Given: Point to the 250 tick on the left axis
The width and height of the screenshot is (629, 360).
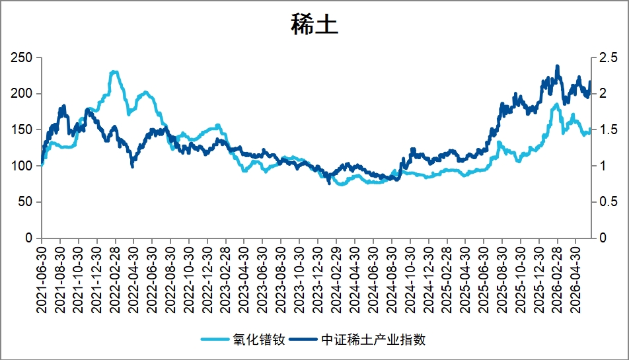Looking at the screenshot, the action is click(21, 57).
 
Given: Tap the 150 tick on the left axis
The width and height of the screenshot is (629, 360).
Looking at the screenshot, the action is click(21, 129).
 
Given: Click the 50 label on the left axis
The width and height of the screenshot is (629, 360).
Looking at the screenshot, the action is click(25, 201).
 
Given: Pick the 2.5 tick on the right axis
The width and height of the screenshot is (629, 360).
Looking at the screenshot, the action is click(608, 57).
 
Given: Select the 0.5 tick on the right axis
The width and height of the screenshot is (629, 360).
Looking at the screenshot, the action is click(608, 201).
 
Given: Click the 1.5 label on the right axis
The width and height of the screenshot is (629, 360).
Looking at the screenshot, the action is click(608, 129).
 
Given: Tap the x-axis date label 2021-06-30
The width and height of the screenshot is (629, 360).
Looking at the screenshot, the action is click(42, 280).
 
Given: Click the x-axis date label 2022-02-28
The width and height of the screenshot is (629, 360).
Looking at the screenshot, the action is click(115, 280).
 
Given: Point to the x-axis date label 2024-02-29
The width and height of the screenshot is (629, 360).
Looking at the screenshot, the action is click(336, 280).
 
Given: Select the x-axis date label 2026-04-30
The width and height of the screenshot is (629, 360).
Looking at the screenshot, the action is click(575, 280).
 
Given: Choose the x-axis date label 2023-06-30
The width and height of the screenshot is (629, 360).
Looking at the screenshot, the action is click(262, 280).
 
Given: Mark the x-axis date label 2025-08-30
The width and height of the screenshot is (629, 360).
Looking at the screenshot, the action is click(502, 280).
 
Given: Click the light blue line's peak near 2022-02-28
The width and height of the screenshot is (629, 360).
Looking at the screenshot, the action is click(114, 72).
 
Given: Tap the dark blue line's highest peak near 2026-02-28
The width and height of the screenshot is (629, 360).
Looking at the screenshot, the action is click(557, 66).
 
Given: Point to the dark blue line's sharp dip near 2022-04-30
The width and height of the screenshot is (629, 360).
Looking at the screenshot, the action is click(132, 166).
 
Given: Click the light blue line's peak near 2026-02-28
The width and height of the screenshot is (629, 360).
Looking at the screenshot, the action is click(556, 104).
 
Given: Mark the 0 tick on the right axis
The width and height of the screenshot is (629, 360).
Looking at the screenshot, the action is click(603, 238).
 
